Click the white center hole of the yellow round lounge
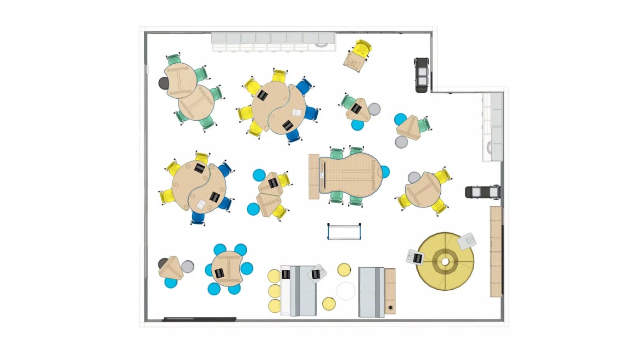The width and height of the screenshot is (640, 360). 445,262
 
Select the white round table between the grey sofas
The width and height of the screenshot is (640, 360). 346,291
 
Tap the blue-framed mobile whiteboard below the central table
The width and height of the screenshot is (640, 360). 344,232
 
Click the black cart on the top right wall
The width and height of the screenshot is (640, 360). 421,74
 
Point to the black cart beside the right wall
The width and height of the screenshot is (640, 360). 482,192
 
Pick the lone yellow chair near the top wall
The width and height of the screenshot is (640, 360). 357,55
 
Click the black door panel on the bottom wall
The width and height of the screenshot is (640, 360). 200,319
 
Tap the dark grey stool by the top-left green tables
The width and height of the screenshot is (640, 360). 164,83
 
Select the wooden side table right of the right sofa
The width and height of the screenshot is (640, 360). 390,291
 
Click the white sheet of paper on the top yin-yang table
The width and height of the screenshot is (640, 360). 297,112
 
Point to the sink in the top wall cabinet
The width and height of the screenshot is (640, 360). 325,40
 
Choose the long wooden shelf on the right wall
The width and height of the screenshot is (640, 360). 496,251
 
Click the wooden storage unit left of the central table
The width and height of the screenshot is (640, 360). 314,176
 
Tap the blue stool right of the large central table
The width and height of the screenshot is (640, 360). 385,172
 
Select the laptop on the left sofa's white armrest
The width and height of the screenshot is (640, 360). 285,274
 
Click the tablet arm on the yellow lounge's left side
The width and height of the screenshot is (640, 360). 416,256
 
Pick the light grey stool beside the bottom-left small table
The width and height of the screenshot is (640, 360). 187,267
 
